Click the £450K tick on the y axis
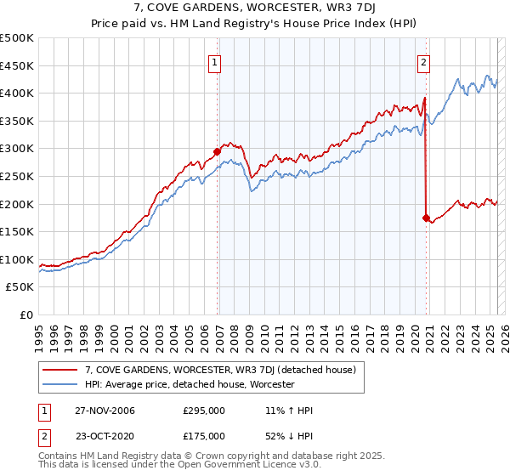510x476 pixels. pyautogui.click(x=17, y=65)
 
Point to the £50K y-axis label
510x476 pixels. pyautogui.click(x=20, y=287)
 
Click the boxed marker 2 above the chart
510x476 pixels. pyautogui.click(x=423, y=61)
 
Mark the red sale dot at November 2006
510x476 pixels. pyautogui.click(x=218, y=151)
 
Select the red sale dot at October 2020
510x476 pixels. pyautogui.click(x=426, y=218)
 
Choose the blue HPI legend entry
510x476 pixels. pyautogui.click(x=189, y=384)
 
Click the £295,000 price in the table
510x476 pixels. pyautogui.click(x=204, y=411)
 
